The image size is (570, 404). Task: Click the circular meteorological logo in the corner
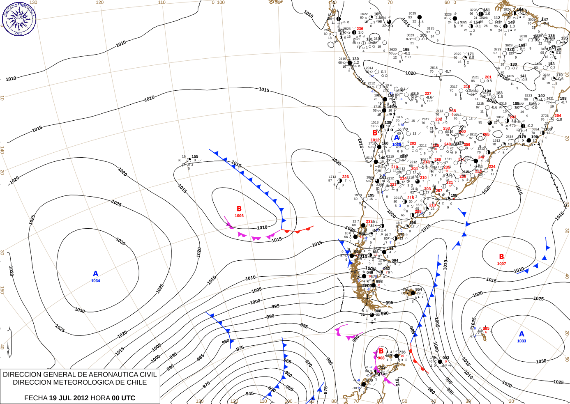(x=19, y=18)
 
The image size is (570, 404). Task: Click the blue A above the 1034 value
(x=96, y=274)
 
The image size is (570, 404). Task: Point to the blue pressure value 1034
(x=96, y=281)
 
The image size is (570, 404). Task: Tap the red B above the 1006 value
(x=239, y=209)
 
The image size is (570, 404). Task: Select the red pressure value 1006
(x=239, y=216)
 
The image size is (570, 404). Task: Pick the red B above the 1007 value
(x=501, y=257)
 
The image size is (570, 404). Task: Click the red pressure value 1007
(x=501, y=264)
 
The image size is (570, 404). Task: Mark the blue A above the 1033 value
(x=522, y=334)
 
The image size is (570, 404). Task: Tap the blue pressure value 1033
(x=522, y=341)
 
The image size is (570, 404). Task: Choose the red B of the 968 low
(x=381, y=351)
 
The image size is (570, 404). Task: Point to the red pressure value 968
(x=381, y=358)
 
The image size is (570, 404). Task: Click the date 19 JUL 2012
(x=69, y=398)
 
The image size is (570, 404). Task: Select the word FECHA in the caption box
(x=36, y=398)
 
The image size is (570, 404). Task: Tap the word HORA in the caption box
(x=100, y=398)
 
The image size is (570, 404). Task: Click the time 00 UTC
(x=124, y=398)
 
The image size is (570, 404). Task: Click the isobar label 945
(x=250, y=393)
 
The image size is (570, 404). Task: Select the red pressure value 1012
(x=375, y=140)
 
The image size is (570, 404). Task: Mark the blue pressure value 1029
(x=397, y=145)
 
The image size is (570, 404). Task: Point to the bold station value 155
(x=195, y=156)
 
